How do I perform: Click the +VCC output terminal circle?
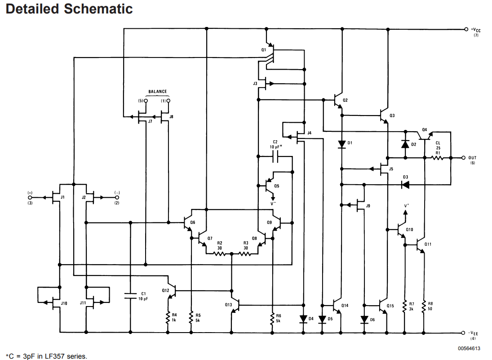click(x=466, y=29)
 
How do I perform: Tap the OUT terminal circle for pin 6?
click(x=463, y=158)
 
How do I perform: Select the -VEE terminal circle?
click(x=463, y=333)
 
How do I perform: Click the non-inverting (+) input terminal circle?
click(x=30, y=198)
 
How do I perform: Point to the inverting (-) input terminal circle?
click(x=117, y=198)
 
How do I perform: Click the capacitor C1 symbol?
click(x=131, y=295)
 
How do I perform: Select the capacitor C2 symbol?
click(x=275, y=156)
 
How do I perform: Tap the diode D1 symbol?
click(x=342, y=144)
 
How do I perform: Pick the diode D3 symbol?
click(x=405, y=185)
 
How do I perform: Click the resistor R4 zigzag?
click(x=168, y=317)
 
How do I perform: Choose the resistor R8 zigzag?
click(x=424, y=307)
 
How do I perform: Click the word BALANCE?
click(x=158, y=92)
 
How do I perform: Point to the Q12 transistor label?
click(x=166, y=291)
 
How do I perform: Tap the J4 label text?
click(x=310, y=133)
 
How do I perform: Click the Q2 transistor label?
click(x=345, y=100)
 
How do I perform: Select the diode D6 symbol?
click(x=364, y=320)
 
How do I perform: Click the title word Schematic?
click(x=98, y=9)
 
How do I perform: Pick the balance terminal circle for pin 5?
click(x=146, y=101)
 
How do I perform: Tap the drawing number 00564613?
click(x=469, y=348)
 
